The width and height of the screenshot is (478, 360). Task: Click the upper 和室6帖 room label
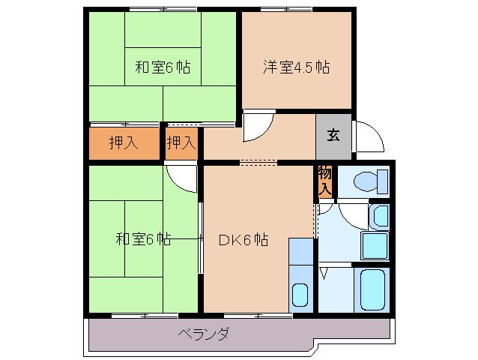pyautogui.click(x=162, y=67)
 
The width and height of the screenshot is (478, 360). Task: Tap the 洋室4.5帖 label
pyautogui.click(x=296, y=66)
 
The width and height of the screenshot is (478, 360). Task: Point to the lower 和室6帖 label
pyautogui.click(x=142, y=240)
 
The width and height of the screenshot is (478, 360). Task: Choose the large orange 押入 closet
pyautogui.click(x=124, y=142)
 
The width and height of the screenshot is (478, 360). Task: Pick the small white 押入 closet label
pyautogui.click(x=181, y=142)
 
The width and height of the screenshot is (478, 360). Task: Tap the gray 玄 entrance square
pyautogui.click(x=333, y=136)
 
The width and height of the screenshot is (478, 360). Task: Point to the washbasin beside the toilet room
pyautogui.click(x=379, y=216)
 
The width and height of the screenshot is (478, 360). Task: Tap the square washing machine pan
pyautogui.click(x=374, y=245)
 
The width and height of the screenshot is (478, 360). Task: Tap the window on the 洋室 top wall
pyautogui.click(x=287, y=9)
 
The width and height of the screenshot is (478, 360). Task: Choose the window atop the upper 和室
pyautogui.click(x=163, y=9)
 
